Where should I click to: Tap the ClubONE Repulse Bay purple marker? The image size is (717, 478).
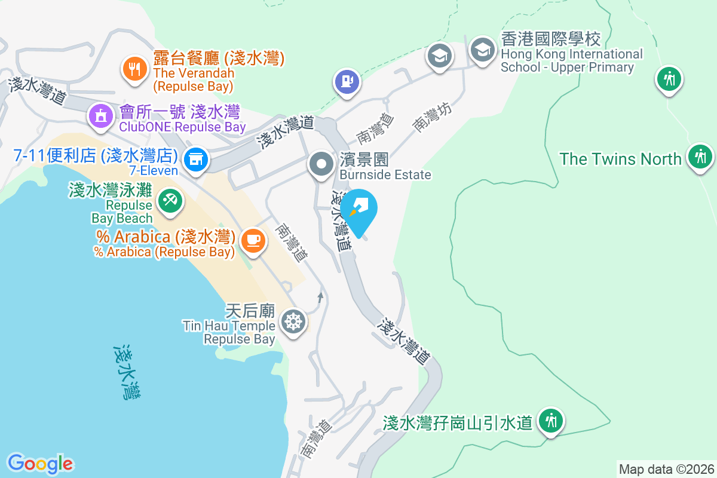click(100, 115)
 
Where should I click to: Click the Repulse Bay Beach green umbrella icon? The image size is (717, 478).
click(169, 200)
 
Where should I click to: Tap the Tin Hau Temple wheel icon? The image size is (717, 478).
click(293, 321)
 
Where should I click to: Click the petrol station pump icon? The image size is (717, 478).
click(347, 81)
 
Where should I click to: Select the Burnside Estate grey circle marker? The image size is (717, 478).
click(321, 163)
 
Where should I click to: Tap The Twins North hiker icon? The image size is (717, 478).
click(700, 157)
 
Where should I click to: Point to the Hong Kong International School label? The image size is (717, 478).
click(571, 54)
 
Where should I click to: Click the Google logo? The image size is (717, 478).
click(40, 463)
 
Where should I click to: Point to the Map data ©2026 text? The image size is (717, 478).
click(666, 469)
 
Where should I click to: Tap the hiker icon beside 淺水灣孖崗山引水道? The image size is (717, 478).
click(550, 421)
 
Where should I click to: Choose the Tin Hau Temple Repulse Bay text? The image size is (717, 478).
click(229, 326)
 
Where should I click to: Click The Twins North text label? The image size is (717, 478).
click(620, 159)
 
